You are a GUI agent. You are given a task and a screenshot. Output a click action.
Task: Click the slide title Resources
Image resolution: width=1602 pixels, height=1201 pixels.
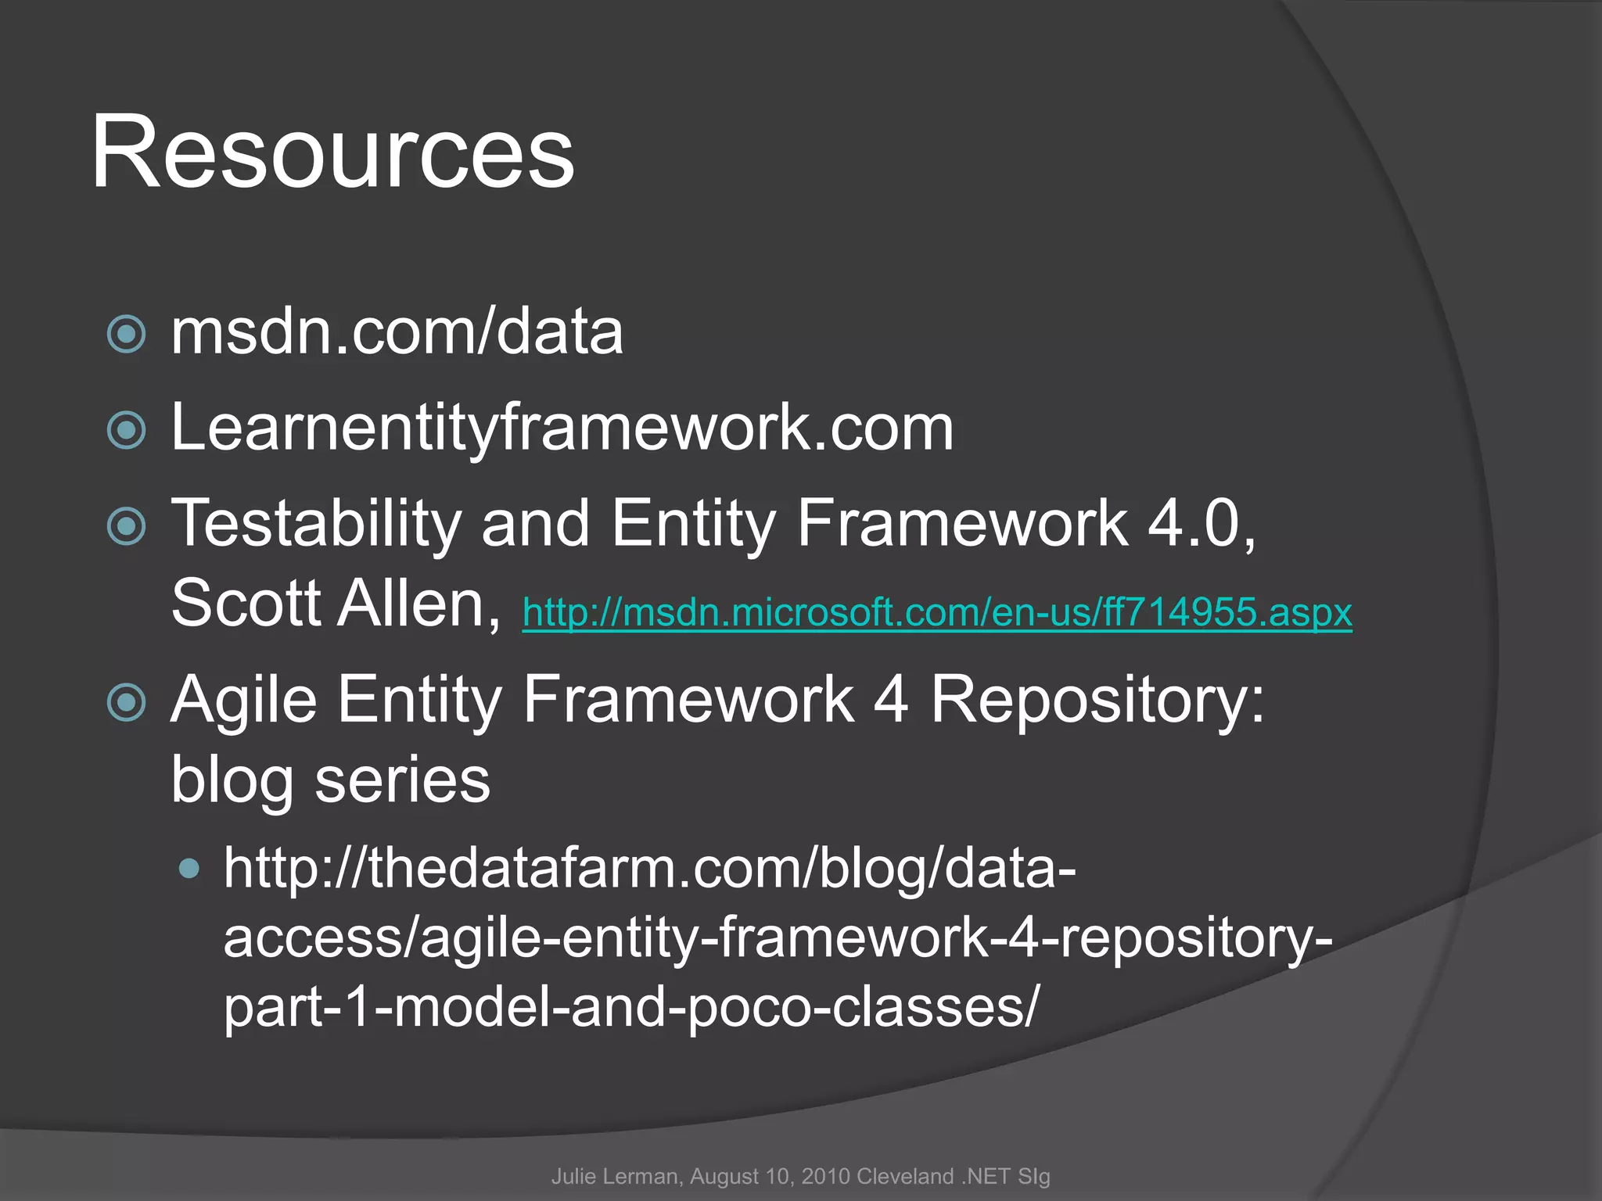coord(332,152)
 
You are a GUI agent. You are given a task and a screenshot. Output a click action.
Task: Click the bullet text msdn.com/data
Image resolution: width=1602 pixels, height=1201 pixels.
coord(397,332)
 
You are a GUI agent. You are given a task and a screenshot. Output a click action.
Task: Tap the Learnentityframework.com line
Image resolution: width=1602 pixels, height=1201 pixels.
coord(562,428)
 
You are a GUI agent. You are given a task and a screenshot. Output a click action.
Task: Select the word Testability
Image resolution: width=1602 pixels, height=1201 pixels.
coord(316,524)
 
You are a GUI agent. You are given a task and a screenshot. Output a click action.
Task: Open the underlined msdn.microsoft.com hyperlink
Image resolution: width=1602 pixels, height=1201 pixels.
coord(937,612)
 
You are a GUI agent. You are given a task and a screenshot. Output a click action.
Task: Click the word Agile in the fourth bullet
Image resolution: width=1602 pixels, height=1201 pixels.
coord(244,700)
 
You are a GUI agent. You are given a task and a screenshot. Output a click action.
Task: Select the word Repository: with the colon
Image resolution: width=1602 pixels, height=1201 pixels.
coord(1097,700)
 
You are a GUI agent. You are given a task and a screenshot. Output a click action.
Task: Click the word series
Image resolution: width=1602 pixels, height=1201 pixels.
coord(402,780)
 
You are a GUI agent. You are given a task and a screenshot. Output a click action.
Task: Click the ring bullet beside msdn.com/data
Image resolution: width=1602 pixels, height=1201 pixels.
coord(126,335)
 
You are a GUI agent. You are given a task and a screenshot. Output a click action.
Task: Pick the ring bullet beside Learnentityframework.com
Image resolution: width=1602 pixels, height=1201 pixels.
coord(126,430)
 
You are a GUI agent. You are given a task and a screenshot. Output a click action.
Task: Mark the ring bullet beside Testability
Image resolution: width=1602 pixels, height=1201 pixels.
coord(126,525)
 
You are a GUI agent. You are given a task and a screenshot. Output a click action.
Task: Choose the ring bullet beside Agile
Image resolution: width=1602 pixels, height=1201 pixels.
coord(126,701)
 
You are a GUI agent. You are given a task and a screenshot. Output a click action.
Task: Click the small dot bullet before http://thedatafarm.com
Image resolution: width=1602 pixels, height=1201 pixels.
coord(189,869)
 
